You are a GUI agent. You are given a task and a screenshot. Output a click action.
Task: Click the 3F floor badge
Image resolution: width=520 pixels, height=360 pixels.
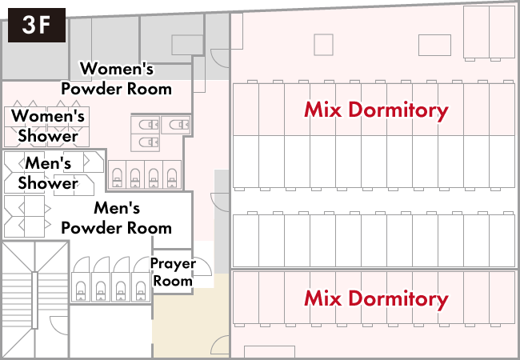point(36,25)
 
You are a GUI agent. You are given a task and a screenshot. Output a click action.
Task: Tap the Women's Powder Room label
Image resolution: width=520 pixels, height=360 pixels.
point(117,79)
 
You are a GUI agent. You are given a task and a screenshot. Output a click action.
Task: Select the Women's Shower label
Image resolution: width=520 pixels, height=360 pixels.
point(48,126)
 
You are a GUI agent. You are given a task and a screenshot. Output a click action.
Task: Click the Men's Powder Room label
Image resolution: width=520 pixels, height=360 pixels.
point(117,218)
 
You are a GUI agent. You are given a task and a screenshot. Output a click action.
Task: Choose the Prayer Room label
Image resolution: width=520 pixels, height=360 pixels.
point(173,272)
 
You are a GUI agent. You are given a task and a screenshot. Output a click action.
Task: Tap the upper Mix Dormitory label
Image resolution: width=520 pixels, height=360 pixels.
point(375,110)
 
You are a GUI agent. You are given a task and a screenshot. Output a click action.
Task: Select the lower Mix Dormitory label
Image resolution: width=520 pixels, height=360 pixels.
point(375,299)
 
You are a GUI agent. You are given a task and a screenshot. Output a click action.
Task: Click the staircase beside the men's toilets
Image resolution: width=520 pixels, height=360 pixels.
point(34,300)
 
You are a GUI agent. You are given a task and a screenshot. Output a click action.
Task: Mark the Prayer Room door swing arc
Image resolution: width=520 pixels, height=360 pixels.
point(202,266)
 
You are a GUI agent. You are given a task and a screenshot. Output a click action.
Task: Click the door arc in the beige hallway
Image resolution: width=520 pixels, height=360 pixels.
point(219,345)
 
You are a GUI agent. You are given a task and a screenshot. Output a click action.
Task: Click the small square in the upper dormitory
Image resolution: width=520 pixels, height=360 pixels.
point(323,45)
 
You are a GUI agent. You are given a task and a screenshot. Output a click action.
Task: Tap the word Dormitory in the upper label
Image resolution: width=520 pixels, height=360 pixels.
point(398,110)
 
